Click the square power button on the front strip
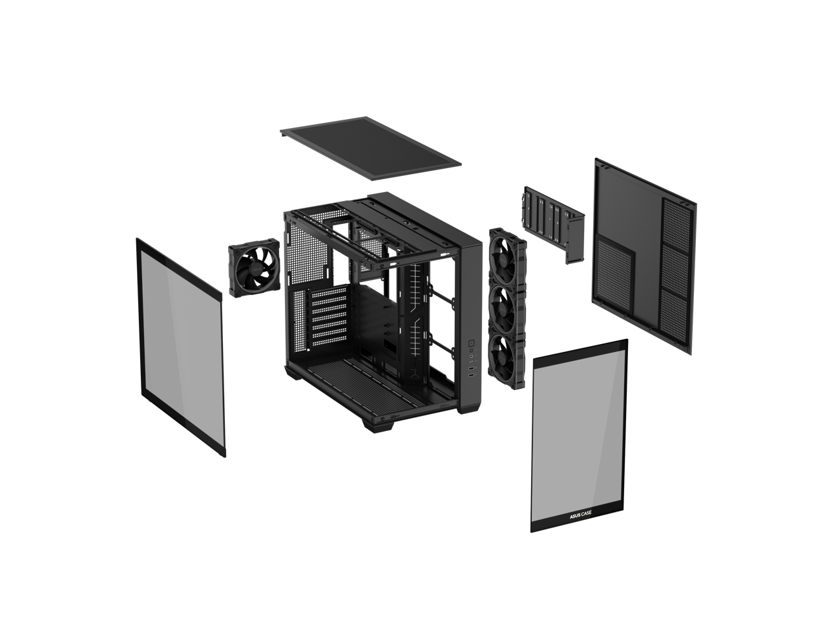point(471,343)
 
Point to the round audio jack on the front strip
point(471,356)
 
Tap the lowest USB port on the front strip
point(471,376)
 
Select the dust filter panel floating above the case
point(370,147)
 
